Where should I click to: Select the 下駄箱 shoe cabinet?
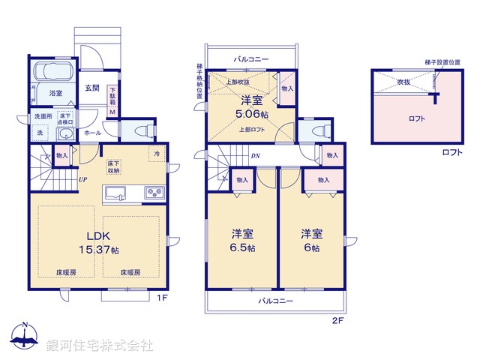[112, 97]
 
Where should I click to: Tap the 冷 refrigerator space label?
[157, 154]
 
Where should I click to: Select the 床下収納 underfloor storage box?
[114, 166]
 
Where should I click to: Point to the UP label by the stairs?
[84, 180]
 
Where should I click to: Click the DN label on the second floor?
[256, 156]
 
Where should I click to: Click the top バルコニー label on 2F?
[250, 58]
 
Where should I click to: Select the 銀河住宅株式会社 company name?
[99, 345]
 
